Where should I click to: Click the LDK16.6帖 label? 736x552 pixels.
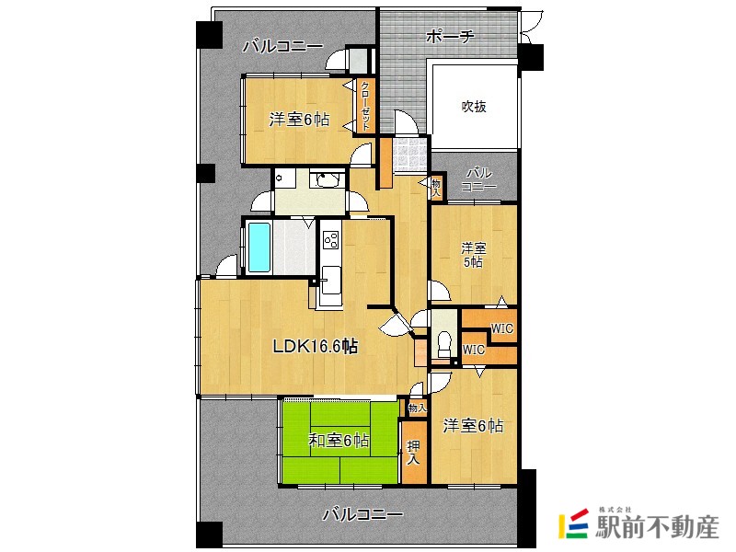pos(315,347)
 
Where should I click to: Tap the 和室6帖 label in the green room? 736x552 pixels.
pos(339,441)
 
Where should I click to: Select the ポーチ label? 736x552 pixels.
pos(450,37)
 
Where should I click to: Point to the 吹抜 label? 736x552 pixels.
pos(474,106)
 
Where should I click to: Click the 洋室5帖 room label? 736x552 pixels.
pos(473,255)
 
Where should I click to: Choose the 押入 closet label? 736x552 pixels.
pos(413,451)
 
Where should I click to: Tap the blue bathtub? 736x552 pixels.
pos(257,247)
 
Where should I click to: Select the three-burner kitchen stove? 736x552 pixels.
pos(330,241)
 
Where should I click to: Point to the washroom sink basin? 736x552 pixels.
pos(323,179)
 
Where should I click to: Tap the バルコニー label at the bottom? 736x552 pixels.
pos(362,515)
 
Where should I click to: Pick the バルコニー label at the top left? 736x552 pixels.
pos(282,46)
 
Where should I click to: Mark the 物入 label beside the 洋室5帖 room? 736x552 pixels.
pos(436,188)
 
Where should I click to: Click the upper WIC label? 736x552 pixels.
pos(501,328)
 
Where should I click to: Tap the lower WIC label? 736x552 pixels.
pos(474,350)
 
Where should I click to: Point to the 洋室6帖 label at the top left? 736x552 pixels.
pos(299,120)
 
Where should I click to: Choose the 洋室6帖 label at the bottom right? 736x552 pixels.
pos(473,426)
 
